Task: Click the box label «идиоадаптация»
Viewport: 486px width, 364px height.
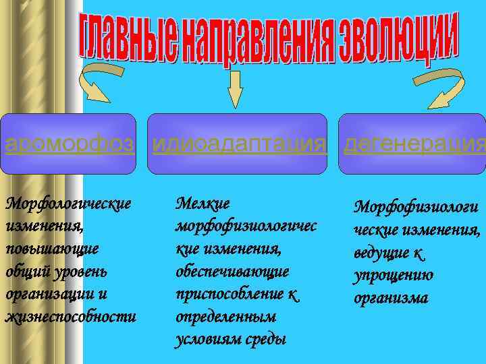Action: pos(240,144)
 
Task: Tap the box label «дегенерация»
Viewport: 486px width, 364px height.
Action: pos(414,144)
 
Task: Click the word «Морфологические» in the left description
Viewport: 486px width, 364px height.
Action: pos(67,202)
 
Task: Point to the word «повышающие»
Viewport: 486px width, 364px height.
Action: pos(51,248)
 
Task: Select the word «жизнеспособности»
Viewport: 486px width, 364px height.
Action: pos(70,317)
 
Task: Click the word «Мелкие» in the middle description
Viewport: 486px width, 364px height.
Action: pos(202,202)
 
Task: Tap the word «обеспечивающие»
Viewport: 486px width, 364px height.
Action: pos(232,271)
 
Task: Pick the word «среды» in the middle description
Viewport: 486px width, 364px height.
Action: pos(265,339)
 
